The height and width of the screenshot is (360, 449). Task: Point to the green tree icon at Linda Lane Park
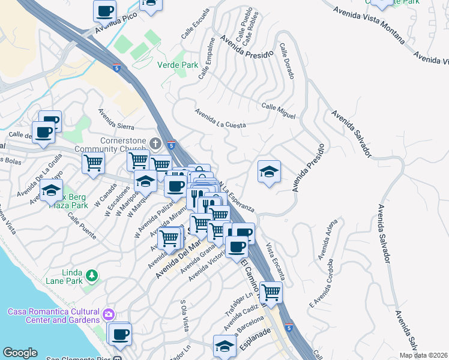pyautogui.click(x=91, y=275)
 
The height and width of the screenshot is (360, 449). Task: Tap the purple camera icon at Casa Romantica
pyautogui.click(x=108, y=314)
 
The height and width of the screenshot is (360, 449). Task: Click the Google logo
pyautogui.click(x=20, y=353)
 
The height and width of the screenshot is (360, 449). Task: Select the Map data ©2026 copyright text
pyautogui.click(x=423, y=355)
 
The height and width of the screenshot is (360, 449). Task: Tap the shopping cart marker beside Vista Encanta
pyautogui.click(x=271, y=292)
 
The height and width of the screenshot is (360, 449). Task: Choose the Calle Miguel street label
pyautogui.click(x=278, y=110)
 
